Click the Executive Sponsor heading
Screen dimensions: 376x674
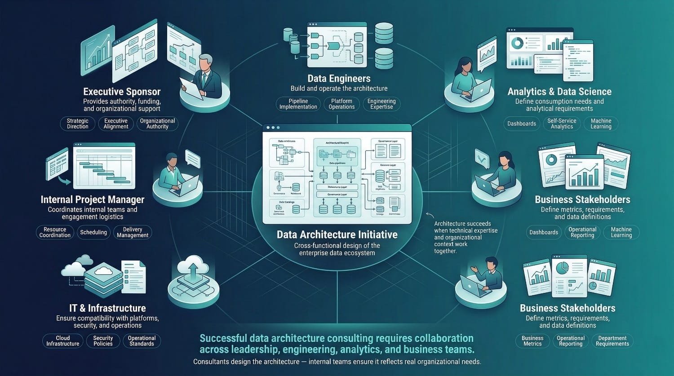122,92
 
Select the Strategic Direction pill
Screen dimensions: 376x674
78,124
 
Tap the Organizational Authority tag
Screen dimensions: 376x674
157,124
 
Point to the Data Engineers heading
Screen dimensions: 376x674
339,79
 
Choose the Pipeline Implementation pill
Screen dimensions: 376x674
298,104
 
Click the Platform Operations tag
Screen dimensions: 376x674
341,104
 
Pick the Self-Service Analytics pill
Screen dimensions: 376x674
562,124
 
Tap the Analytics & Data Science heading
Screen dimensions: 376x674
559,92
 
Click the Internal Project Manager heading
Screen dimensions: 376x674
93,199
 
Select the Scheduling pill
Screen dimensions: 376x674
93,232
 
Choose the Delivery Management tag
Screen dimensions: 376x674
133,232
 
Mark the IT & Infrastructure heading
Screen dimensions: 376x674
107,308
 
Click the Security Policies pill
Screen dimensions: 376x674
103,341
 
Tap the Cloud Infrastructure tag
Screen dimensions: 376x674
63,341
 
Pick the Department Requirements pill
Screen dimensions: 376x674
612,341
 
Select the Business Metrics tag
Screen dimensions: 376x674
532,341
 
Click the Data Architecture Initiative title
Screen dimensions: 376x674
337,234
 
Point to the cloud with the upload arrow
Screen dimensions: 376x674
193,269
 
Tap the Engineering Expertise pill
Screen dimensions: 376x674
381,104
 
